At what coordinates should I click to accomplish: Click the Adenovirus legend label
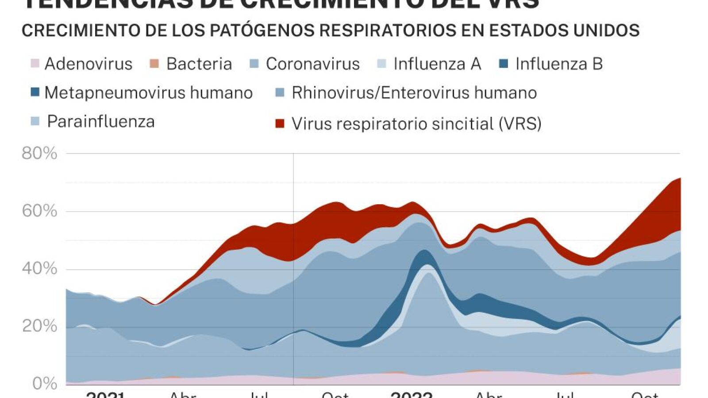pos(88,64)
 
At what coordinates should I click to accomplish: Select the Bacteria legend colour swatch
pos(154,64)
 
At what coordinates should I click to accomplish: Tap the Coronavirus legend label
pos(312,64)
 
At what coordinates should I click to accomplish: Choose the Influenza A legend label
pos(437,64)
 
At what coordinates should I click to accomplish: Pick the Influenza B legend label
pos(559,64)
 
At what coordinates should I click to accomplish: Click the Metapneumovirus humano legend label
pos(149,93)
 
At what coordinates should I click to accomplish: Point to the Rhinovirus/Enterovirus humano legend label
pos(414,93)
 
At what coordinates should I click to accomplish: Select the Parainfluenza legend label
pos(101,122)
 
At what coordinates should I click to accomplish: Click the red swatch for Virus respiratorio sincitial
pos(280,123)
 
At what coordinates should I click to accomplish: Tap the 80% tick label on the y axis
pos(39,153)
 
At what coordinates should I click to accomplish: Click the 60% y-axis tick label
pos(39,211)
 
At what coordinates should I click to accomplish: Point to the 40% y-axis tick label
pos(39,268)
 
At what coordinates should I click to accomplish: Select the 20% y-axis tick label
pos(39,326)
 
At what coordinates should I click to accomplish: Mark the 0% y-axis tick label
pos(45,383)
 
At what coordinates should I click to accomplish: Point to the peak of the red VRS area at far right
pos(679,179)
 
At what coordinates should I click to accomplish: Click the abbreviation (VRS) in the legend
pos(520,123)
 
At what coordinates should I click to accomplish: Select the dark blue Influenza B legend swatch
pos(504,64)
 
